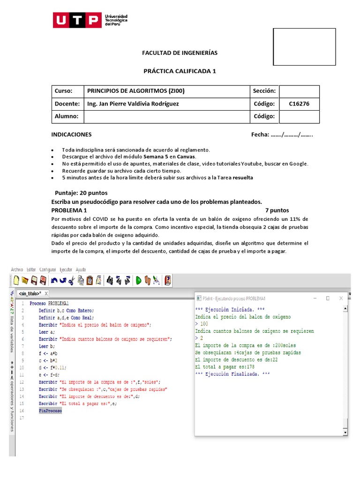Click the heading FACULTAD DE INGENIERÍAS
(x=180, y=53)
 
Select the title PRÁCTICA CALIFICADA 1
(x=180, y=71)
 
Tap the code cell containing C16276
(x=299, y=104)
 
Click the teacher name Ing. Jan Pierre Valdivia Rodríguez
(x=133, y=104)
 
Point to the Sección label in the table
(x=264, y=91)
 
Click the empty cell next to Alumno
(x=166, y=116)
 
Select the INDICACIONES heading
(x=71, y=135)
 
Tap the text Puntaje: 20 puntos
(x=81, y=193)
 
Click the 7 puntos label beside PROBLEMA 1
(x=277, y=210)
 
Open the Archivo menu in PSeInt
(x=17, y=270)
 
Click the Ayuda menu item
(x=81, y=270)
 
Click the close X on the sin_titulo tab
(x=46, y=293)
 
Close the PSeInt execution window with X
(x=341, y=298)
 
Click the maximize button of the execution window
(x=327, y=298)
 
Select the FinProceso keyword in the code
(x=50, y=411)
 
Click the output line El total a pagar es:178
(x=225, y=367)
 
